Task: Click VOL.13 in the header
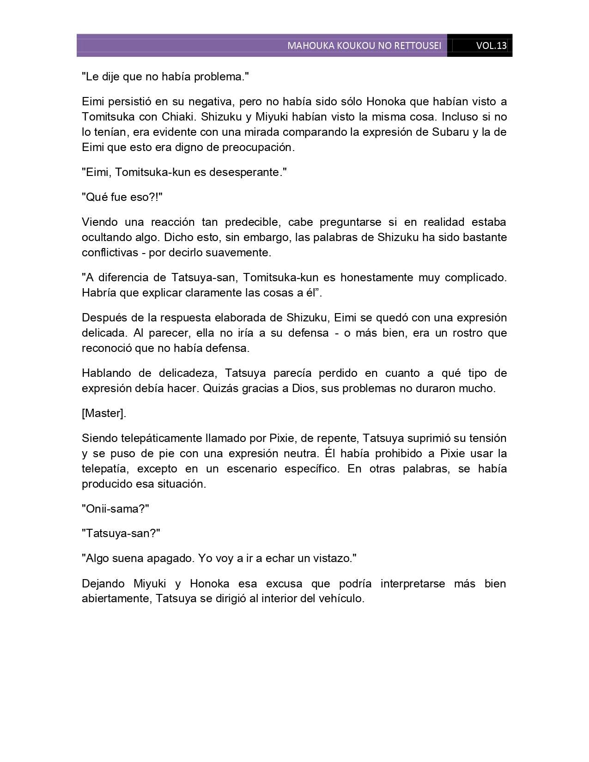(x=491, y=46)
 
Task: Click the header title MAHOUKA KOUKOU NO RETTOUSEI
(x=364, y=46)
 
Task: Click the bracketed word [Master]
(x=104, y=413)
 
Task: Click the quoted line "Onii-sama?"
(x=115, y=509)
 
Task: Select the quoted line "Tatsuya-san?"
(x=121, y=533)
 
